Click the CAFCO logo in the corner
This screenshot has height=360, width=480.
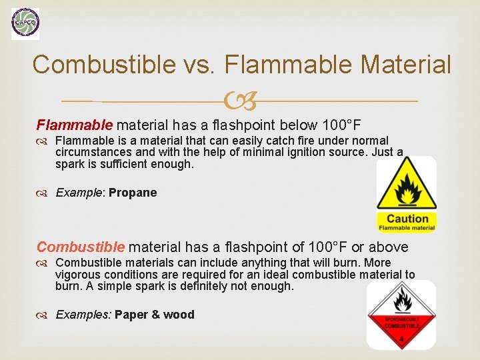point(25,24)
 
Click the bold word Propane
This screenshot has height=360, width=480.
point(133,193)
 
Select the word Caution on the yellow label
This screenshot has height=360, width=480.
point(407,219)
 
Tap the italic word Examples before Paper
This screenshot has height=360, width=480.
point(82,315)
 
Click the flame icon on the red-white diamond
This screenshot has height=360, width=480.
point(401,300)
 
